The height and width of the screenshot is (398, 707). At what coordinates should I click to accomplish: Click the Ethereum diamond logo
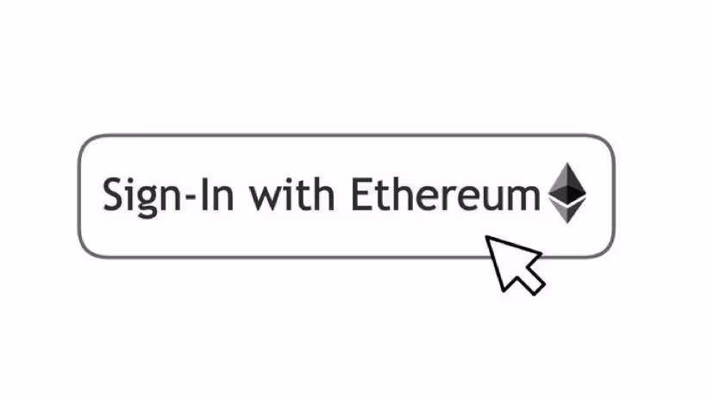pos(568,192)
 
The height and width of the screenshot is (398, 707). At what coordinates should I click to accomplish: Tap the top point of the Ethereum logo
pos(568,162)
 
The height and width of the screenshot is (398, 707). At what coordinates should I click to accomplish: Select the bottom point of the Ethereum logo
pos(568,223)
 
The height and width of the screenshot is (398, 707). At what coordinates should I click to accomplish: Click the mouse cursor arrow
pos(514,263)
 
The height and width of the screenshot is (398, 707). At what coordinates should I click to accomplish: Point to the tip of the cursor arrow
pos(488,237)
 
